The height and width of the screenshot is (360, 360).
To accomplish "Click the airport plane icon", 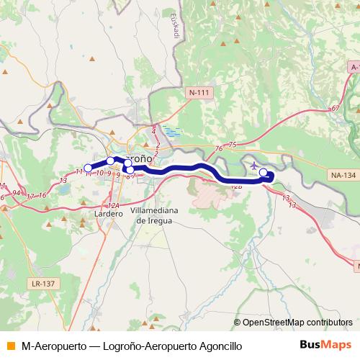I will [x=254, y=167].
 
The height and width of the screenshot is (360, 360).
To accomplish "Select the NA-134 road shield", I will [x=342, y=175].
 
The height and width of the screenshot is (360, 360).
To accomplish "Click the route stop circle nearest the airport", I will [x=264, y=172].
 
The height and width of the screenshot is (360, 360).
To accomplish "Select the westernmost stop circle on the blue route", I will [x=88, y=168].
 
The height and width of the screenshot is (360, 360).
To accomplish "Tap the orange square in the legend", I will [x=10, y=346].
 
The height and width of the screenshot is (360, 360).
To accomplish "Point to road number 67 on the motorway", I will [x=336, y=108].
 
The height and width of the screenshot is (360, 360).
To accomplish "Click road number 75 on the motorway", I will [x=232, y=145].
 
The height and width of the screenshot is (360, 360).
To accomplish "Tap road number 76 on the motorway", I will [x=218, y=149].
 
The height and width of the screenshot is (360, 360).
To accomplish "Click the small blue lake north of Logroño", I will [x=172, y=132].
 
